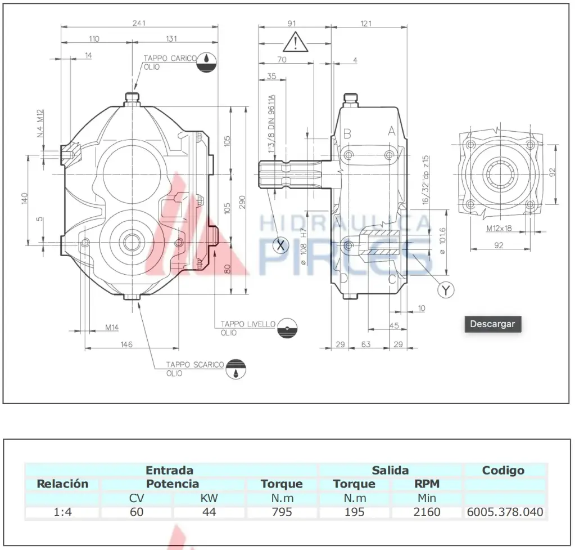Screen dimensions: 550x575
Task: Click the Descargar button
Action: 492,324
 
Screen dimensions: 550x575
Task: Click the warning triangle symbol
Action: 296,42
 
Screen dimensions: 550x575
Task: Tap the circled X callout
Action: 280,245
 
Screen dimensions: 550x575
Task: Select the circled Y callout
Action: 446,289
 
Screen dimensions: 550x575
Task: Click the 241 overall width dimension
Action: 139,23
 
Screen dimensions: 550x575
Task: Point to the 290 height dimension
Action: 242,203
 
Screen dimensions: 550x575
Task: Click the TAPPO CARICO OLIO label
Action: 169,62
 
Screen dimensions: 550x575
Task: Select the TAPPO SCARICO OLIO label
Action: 194,369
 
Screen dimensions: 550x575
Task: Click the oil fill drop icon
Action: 207,62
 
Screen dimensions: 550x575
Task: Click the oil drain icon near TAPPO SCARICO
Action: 236,369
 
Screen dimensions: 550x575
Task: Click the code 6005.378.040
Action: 505,512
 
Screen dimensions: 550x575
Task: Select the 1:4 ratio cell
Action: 62,512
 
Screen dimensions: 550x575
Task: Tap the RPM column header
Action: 427,484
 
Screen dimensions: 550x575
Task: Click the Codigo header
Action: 503,470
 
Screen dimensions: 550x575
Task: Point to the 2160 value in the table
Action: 427,512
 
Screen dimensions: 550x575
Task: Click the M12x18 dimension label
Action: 499,229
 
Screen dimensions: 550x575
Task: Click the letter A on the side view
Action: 391,132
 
